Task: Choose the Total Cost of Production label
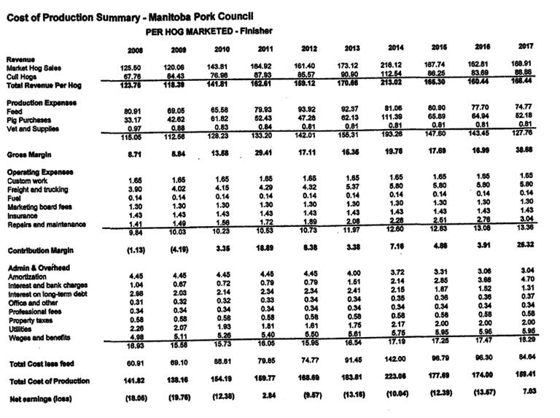[x=48, y=381]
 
